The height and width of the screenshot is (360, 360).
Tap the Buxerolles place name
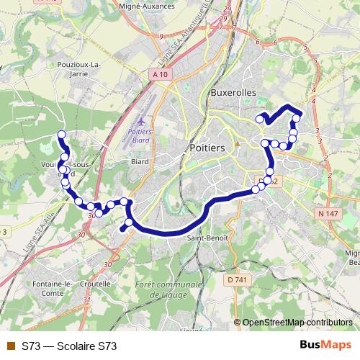[235, 93]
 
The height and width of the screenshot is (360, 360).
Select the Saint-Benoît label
[207, 237]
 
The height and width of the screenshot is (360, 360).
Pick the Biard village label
[139, 162]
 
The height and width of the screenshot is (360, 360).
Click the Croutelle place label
[96, 284]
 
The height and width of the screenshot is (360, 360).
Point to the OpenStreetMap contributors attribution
[297, 323]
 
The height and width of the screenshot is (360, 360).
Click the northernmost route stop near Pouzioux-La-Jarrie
[61, 135]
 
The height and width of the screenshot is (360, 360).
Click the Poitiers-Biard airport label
[146, 137]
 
